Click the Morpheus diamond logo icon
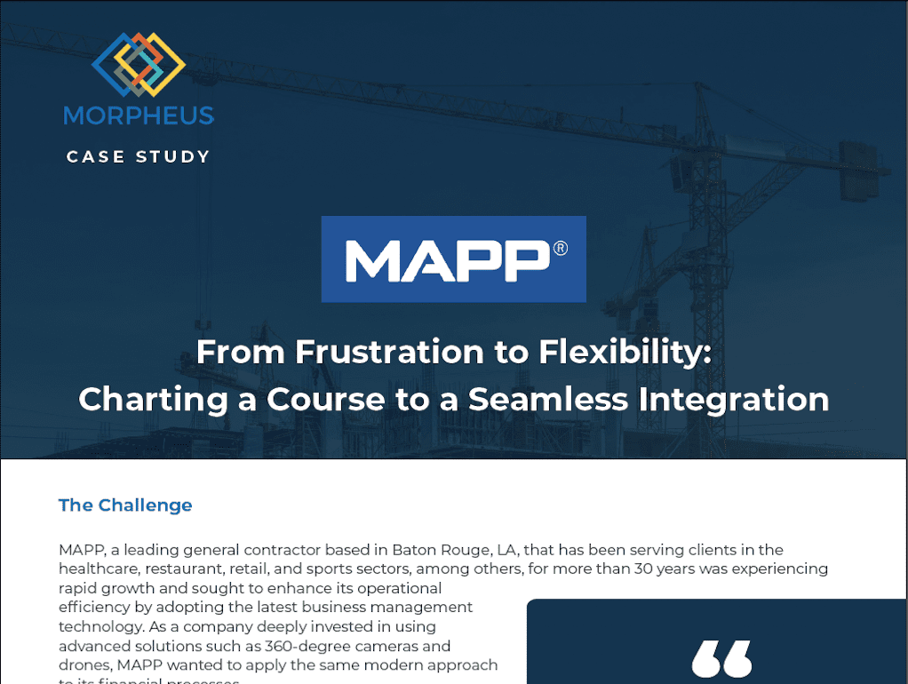(x=139, y=64)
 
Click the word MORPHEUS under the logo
(x=139, y=115)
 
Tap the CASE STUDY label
(x=139, y=157)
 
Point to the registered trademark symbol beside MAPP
(x=560, y=249)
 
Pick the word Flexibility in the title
(x=625, y=353)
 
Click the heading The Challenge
(x=125, y=505)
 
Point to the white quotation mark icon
(x=721, y=659)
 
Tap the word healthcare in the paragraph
(x=99, y=569)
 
